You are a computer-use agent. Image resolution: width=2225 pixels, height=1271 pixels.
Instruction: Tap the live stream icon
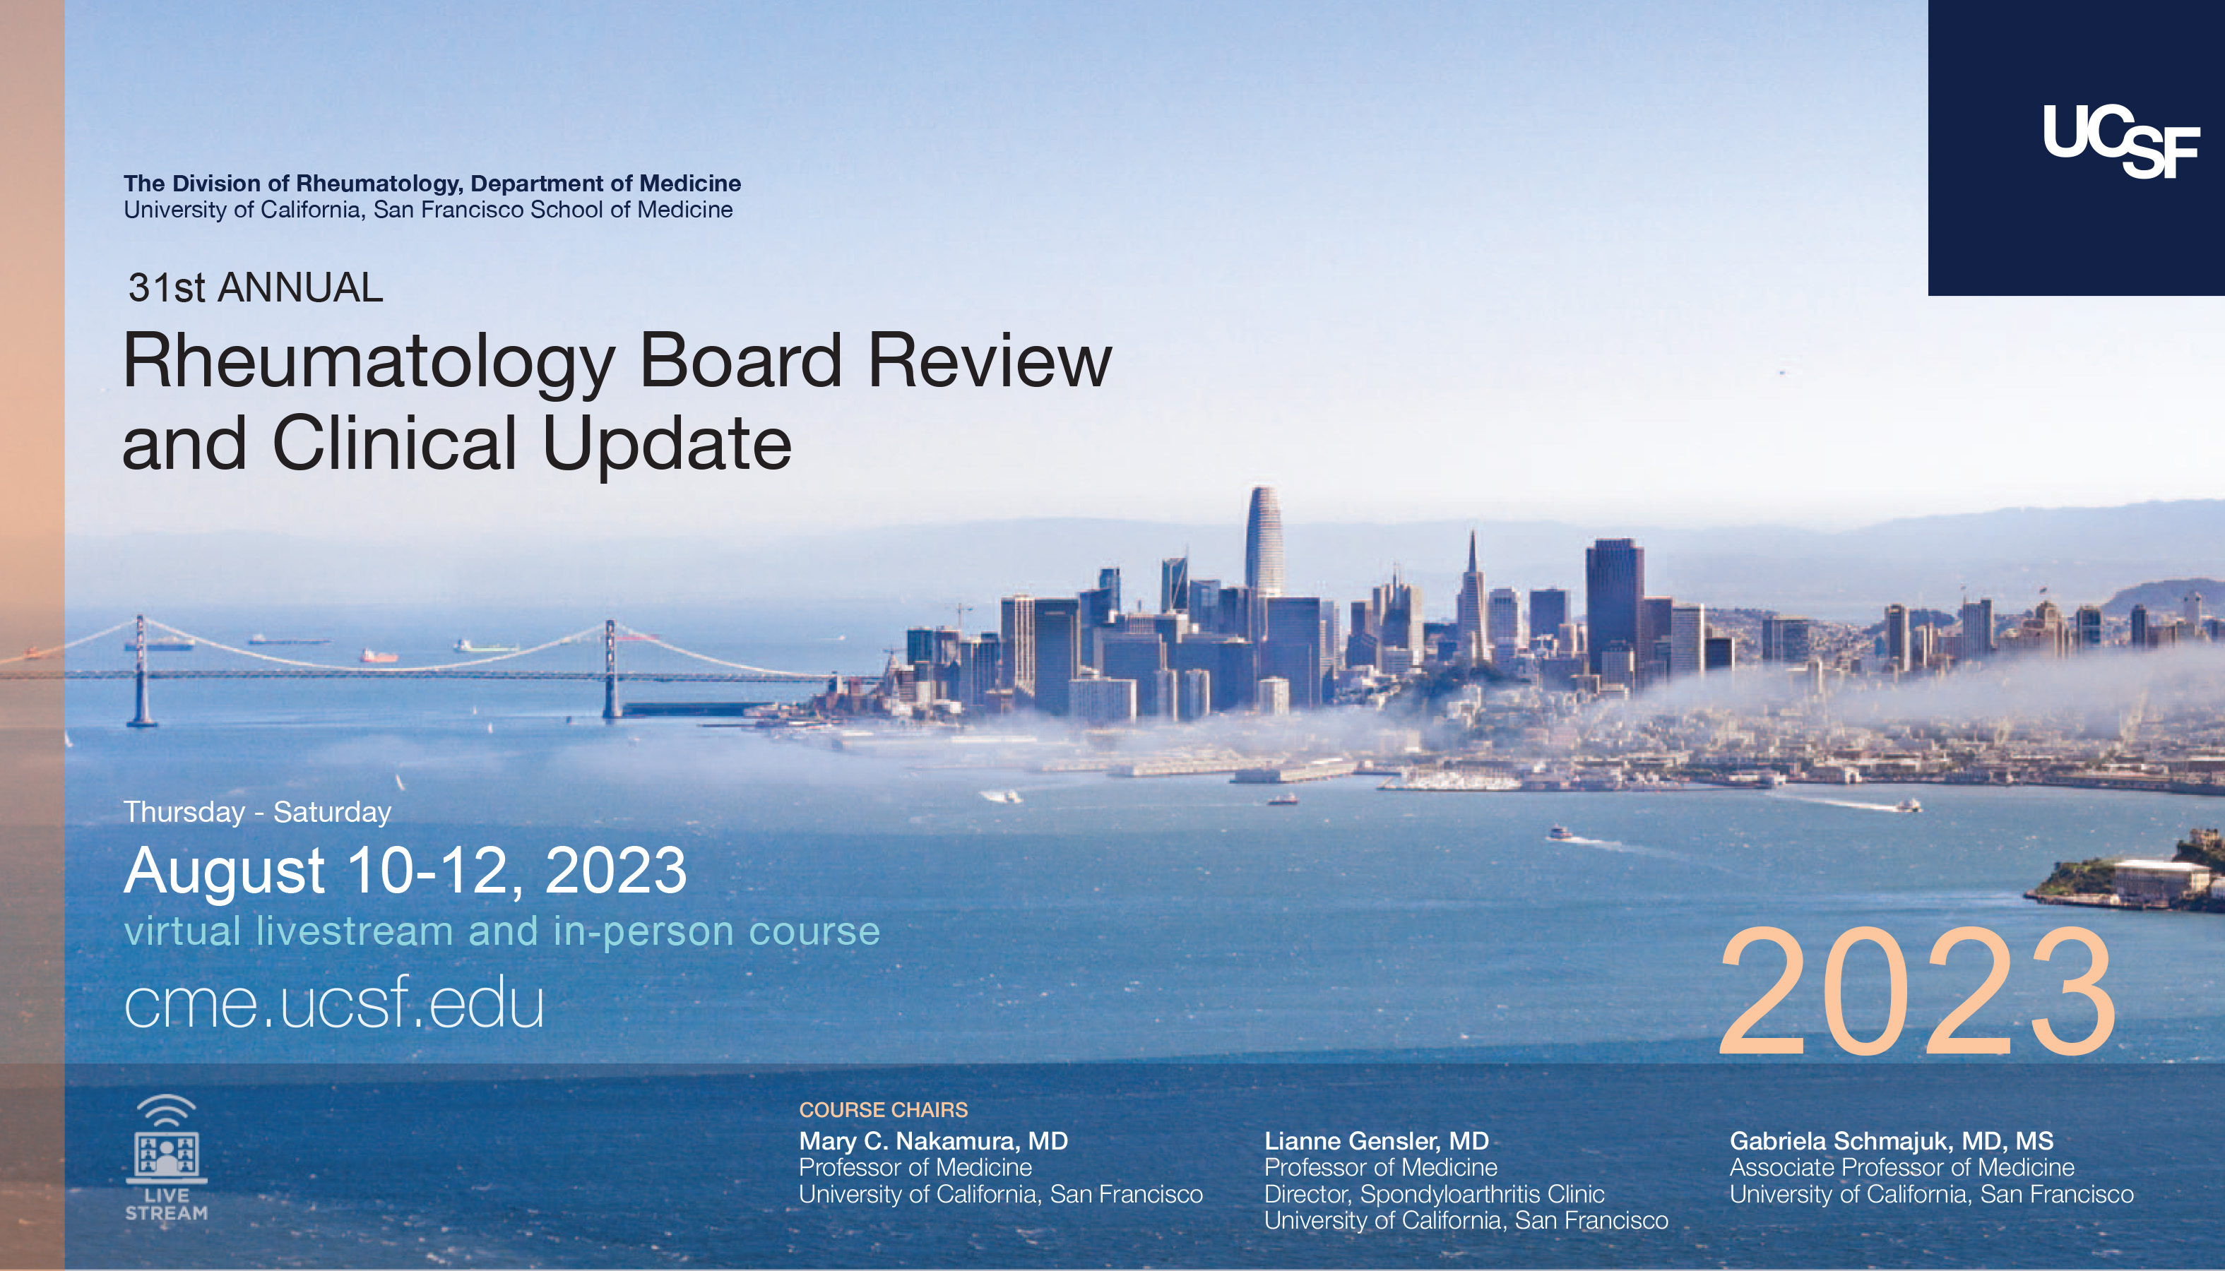pos(166,1157)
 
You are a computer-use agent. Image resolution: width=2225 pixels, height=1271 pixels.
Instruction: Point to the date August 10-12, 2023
pos(405,871)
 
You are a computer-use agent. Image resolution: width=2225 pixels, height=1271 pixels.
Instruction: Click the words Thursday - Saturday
pos(258,812)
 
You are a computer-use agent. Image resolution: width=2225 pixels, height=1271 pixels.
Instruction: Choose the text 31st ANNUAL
pos(256,287)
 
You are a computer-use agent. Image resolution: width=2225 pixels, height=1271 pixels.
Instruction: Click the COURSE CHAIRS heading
pos(883,1109)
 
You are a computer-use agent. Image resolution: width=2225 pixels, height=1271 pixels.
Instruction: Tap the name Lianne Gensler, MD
pos(1376,1141)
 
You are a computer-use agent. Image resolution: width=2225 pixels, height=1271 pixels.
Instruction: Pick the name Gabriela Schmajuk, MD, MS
pos(1892,1141)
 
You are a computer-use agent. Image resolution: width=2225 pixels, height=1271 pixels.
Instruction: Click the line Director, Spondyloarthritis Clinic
pos(1434,1193)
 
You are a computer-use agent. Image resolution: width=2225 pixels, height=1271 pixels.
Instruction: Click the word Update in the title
pos(667,445)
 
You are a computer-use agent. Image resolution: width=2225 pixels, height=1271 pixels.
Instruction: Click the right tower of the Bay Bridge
pos(611,669)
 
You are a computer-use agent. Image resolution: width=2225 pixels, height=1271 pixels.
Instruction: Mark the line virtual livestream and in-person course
pos(502,931)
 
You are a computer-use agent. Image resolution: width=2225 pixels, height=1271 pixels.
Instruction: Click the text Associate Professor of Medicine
pos(1902,1167)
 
